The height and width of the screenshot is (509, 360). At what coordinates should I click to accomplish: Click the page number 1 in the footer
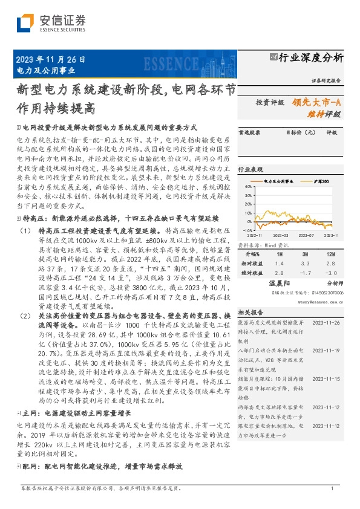pyautogui.click(x=333, y=488)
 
